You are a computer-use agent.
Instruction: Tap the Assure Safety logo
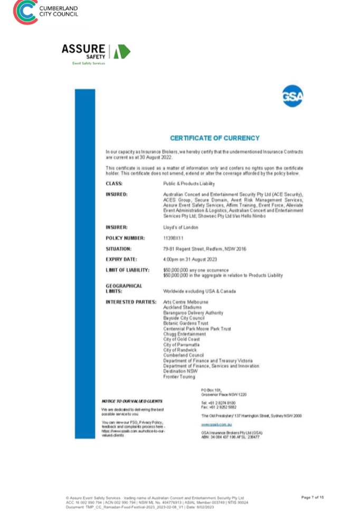click(96, 53)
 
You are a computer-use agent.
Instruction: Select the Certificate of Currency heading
click(214, 138)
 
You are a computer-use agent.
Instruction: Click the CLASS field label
click(114, 184)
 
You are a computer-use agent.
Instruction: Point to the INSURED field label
click(116, 194)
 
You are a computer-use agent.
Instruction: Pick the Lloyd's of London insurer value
click(181, 227)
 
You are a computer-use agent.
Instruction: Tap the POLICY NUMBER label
click(125, 238)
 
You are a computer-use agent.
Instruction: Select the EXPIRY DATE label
click(121, 260)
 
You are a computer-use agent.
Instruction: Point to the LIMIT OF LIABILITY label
click(127, 270)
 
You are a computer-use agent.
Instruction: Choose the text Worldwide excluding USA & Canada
click(200, 291)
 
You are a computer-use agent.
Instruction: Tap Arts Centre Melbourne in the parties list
click(186, 302)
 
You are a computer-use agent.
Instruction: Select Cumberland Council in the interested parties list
click(184, 355)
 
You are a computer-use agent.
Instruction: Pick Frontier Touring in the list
click(180, 377)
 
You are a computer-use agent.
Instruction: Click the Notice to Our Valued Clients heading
click(132, 402)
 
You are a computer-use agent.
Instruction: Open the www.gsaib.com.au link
click(216, 424)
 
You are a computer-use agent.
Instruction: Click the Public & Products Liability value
click(190, 184)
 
